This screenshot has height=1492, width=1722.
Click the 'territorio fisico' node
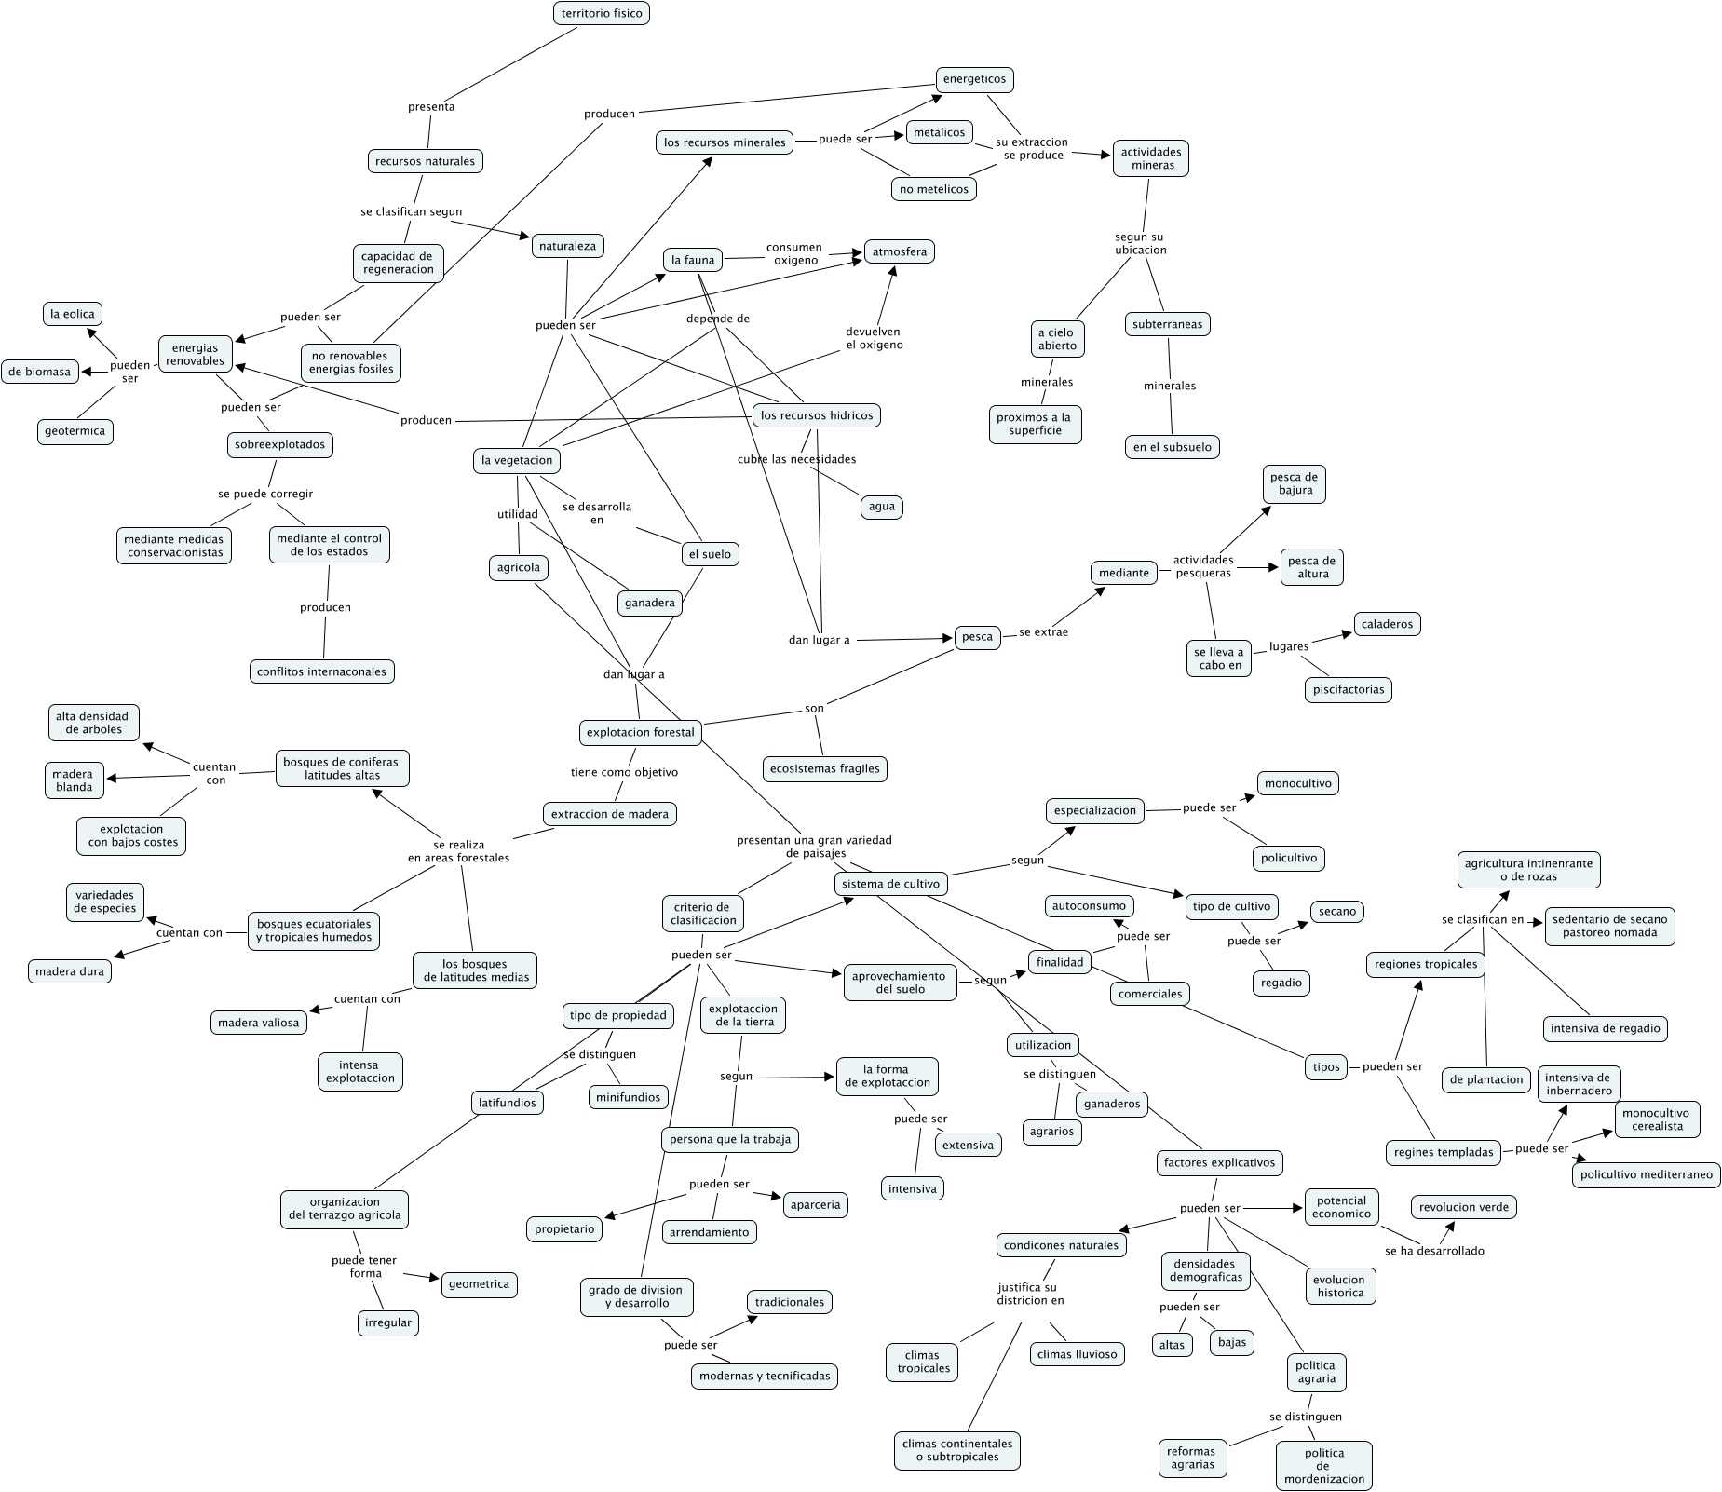pyautogui.click(x=602, y=13)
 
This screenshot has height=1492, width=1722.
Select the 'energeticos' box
pyautogui.click(x=974, y=79)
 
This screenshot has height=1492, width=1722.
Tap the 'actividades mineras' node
pyautogui.click(x=1150, y=158)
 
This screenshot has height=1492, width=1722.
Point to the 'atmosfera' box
pyautogui.click(x=899, y=251)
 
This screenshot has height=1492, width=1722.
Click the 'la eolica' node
pyautogui.click(x=73, y=314)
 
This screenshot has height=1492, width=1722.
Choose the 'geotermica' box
pyautogui.click(x=75, y=431)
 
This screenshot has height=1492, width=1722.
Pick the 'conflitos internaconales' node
pyautogui.click(x=322, y=671)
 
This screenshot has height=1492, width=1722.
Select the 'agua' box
pyautogui.click(x=881, y=507)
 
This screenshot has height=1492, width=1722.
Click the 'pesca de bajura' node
pyautogui.click(x=1295, y=484)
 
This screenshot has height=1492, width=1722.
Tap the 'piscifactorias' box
pyautogui.click(x=1348, y=690)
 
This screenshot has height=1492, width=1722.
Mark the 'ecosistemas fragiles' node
pyautogui.click(x=825, y=768)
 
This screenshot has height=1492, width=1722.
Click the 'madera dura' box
pyautogui.click(x=70, y=971)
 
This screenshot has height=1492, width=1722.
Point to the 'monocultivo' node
pyautogui.click(x=1299, y=783)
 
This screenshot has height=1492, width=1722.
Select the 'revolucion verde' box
pyautogui.click(x=1464, y=1207)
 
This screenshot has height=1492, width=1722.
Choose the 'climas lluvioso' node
pyautogui.click(x=1077, y=1354)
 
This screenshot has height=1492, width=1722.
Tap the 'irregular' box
pyautogui.click(x=388, y=1322)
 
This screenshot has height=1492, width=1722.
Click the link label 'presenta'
pyautogui.click(x=431, y=107)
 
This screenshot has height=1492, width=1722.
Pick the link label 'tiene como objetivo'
pyautogui.click(x=624, y=772)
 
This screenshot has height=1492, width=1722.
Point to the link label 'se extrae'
pyautogui.click(x=1043, y=632)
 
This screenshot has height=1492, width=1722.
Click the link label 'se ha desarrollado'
pyautogui.click(x=1434, y=1251)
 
